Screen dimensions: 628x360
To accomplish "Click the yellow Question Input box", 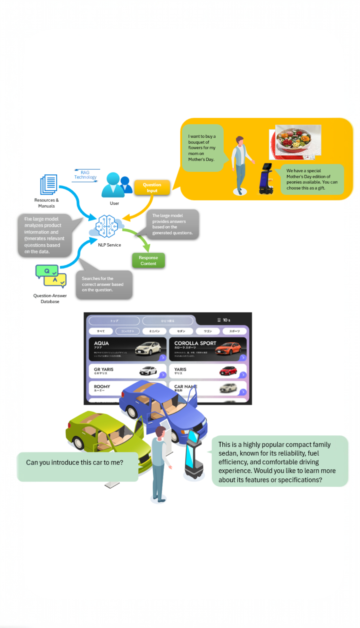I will coord(152,187).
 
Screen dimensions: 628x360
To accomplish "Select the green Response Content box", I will coord(148,260).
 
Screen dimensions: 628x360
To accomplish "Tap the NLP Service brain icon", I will coord(106,226).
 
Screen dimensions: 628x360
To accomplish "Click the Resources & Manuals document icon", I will coord(49,184).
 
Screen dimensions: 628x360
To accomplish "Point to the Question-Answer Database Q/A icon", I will coord(51,276).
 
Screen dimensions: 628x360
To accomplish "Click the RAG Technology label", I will coord(85,175).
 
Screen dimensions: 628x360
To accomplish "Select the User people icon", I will coord(116,185).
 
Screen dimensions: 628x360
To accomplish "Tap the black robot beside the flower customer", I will coord(266,179).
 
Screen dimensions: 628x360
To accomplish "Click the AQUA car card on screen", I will coord(127,349).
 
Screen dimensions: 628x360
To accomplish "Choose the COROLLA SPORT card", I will coord(207,349).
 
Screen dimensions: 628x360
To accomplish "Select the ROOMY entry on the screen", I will coord(105,388).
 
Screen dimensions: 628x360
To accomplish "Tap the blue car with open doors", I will coord(163,409).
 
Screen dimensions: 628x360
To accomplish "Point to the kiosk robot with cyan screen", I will coord(194,455).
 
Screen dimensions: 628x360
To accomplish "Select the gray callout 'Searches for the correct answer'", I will coord(104,284).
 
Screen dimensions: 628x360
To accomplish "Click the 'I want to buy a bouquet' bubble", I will coord(202,148).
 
